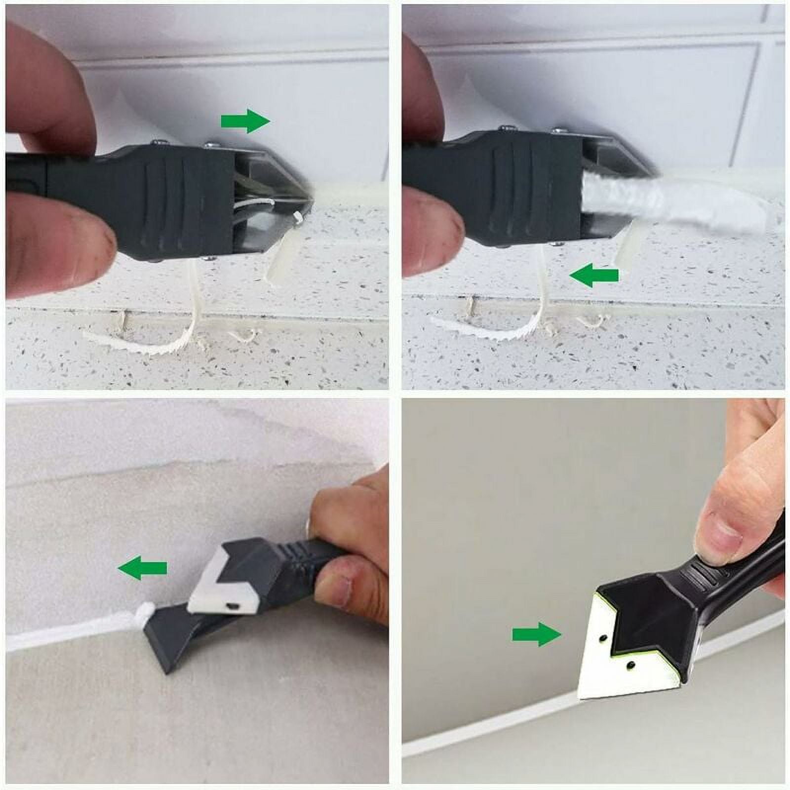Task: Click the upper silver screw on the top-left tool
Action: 209,145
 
